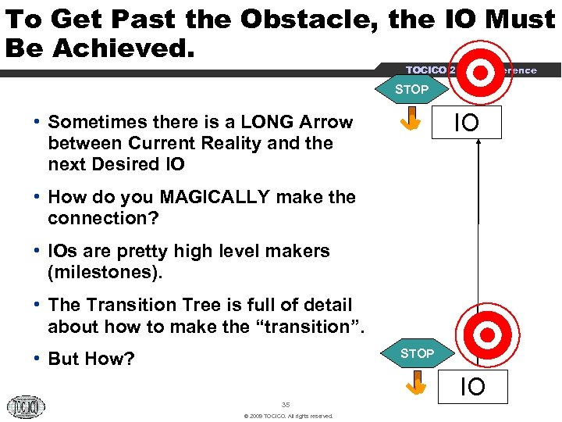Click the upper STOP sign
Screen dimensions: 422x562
tap(411, 89)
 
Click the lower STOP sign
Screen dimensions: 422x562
tap(417, 353)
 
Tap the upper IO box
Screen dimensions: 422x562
tap(467, 123)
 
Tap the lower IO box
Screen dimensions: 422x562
tap(471, 386)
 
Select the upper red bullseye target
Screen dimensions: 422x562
tap(482, 72)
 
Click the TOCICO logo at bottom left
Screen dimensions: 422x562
tap(26, 406)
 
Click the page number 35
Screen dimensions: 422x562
tap(285, 404)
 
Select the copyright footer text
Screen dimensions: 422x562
tap(288, 416)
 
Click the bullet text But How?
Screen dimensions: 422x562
tap(91, 359)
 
